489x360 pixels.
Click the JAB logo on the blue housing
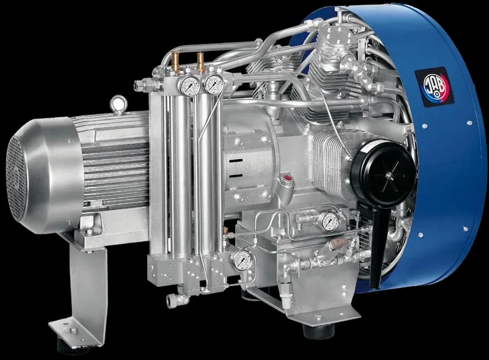[434, 86]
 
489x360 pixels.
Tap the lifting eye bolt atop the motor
[119, 104]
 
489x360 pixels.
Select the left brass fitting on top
[176, 60]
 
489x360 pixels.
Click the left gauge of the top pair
[190, 85]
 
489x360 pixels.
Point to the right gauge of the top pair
[214, 83]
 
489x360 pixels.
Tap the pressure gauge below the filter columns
[243, 260]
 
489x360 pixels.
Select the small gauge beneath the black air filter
[330, 221]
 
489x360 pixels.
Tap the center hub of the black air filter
[388, 176]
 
